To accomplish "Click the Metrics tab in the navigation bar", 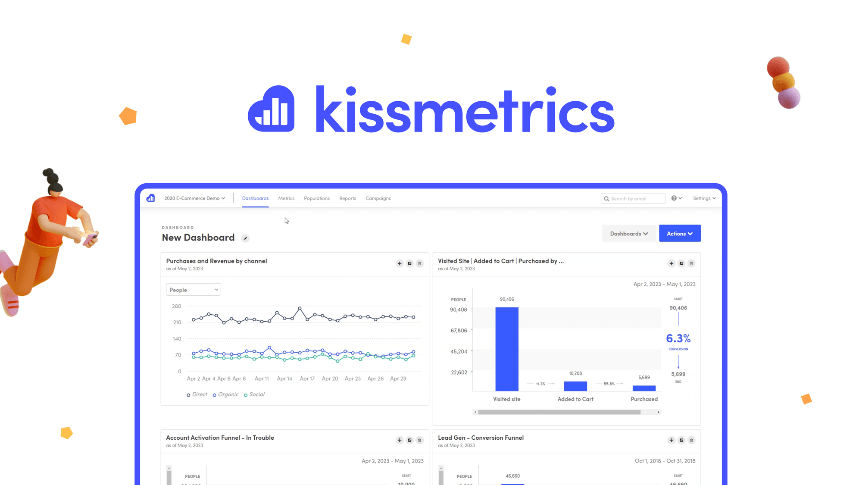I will [x=286, y=198].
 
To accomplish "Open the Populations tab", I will [x=317, y=198].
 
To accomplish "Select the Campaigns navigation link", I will [x=378, y=198].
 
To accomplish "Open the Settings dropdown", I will [x=704, y=198].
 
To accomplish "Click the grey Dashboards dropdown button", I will [x=629, y=234].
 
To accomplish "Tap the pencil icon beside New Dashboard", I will [x=245, y=238].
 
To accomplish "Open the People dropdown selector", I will [x=194, y=290].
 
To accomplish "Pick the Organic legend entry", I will [x=225, y=394].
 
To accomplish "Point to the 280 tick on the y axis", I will [x=177, y=306].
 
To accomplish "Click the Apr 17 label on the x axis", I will [x=307, y=379].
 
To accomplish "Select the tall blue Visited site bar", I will [x=507, y=349].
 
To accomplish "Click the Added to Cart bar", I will [x=575, y=386].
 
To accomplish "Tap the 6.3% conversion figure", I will [x=678, y=338].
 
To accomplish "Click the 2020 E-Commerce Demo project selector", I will [x=194, y=198].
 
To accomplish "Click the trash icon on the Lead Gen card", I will [x=691, y=440].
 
